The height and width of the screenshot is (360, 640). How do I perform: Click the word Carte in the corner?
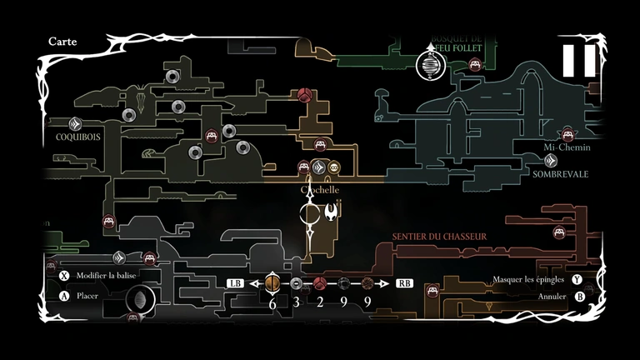(63, 40)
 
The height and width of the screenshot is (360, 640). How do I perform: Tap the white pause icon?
(578, 60)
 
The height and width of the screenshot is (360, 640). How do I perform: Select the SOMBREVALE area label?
(561, 174)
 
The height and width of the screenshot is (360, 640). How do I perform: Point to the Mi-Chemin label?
(567, 147)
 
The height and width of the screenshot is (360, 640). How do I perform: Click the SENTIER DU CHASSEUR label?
(439, 237)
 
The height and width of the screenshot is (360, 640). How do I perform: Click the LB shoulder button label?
(235, 283)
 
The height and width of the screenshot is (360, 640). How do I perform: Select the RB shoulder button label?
(404, 283)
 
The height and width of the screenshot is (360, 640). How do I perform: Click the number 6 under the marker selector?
(272, 302)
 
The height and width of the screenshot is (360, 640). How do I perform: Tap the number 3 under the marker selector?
(296, 302)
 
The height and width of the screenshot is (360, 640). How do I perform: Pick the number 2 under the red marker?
(319, 302)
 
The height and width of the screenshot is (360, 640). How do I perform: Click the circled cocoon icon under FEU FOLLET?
(428, 66)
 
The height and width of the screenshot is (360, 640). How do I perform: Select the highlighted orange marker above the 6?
(272, 283)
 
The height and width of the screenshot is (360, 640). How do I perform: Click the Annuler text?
(552, 296)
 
